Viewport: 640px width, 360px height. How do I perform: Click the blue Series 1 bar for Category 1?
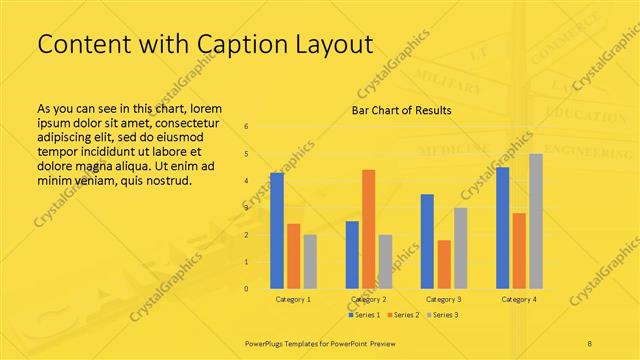pos(277,231)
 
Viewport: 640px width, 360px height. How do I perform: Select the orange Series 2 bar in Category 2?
pos(368,229)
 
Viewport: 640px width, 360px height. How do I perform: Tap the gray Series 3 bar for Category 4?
pos(535,221)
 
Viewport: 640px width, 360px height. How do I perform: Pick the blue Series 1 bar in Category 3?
pos(427,241)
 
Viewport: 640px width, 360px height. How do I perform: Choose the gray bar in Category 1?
pos(310,262)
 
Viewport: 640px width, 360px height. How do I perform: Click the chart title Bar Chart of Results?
pos(401,110)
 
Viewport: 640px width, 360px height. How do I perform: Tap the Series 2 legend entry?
pos(403,315)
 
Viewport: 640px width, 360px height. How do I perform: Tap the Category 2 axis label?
pos(368,299)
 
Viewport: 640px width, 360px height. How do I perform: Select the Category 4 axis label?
pos(519,299)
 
